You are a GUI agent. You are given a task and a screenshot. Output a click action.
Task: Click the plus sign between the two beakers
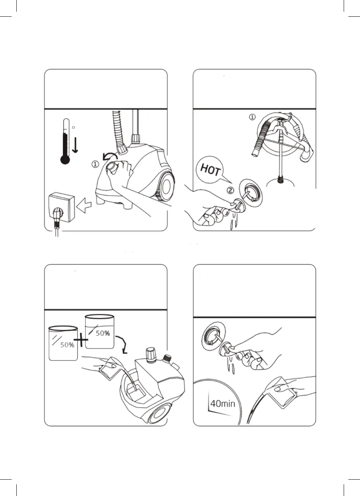81,341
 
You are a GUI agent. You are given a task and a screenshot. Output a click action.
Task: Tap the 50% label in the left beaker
67,345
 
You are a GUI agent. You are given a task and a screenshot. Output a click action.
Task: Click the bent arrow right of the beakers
124,344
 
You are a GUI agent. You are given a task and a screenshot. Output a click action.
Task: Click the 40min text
222,403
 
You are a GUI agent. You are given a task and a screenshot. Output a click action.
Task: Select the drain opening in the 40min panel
211,334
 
